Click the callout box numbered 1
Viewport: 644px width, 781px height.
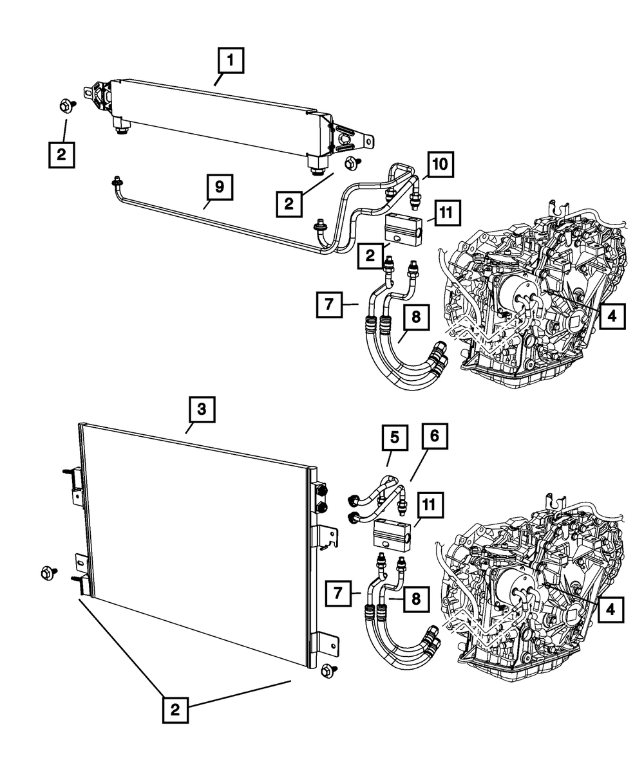pos(231,62)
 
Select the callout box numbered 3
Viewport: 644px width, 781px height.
pos(202,409)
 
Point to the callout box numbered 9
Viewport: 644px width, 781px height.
pos(219,187)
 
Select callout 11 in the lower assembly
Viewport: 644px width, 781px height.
pos(431,506)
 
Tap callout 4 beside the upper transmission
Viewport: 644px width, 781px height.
pos(611,316)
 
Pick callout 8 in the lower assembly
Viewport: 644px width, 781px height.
pos(416,598)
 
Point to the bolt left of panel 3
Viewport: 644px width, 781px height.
pos(48,571)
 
